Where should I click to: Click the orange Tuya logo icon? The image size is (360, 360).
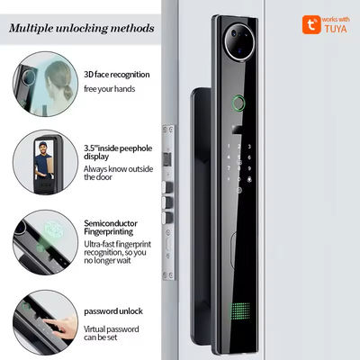(311, 24)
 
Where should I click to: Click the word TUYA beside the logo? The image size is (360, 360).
(336, 29)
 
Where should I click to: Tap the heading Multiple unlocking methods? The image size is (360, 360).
(82, 29)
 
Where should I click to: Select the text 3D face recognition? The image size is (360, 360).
(117, 75)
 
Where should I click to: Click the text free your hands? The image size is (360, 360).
(109, 89)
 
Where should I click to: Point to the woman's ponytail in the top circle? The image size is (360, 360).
(67, 91)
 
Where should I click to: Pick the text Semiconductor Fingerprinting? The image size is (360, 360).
(111, 228)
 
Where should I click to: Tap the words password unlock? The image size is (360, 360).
(113, 311)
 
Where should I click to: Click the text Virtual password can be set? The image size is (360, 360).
(111, 333)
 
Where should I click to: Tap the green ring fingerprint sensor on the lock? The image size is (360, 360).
(238, 103)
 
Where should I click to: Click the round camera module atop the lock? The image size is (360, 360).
(239, 41)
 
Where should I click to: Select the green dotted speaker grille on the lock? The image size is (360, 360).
(240, 310)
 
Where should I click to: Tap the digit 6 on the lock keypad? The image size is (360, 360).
(249, 157)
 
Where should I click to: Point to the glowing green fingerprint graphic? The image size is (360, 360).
(53, 230)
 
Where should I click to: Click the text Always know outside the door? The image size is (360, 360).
(118, 173)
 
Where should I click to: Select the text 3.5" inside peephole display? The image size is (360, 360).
(118, 152)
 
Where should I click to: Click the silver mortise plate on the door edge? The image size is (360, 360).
(168, 202)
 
